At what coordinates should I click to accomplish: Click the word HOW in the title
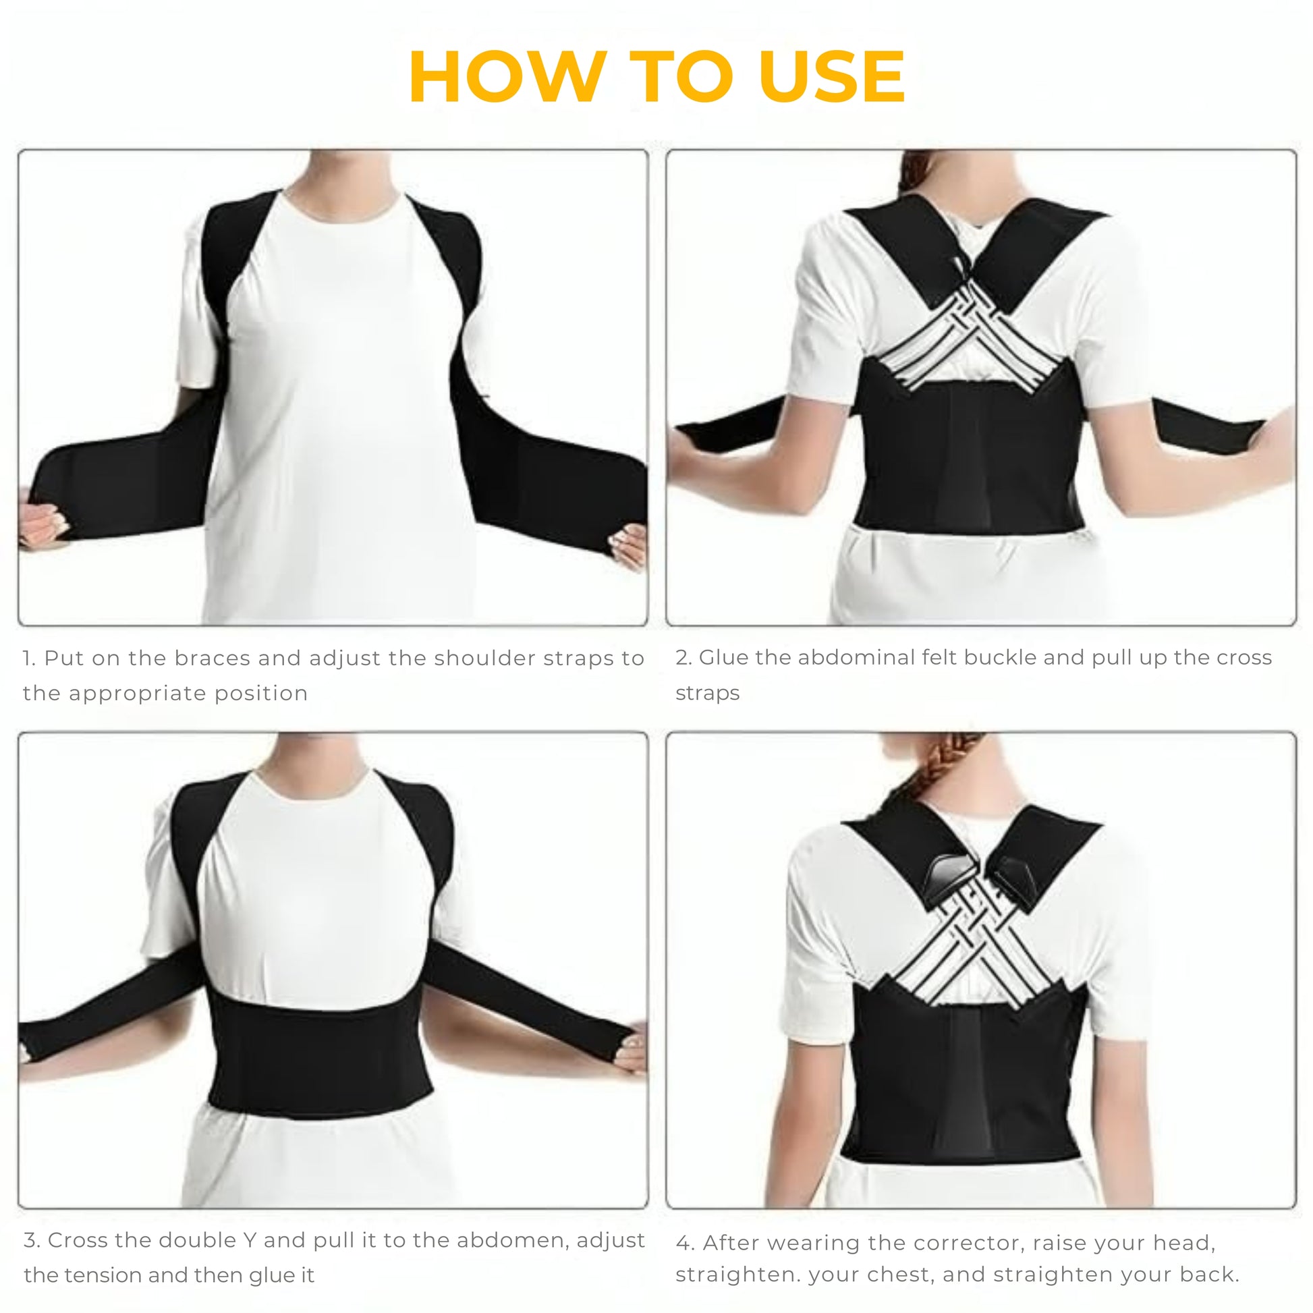point(507,77)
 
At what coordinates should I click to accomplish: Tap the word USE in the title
point(832,77)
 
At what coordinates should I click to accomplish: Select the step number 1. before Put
point(30,658)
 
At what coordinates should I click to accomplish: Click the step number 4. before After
point(685,1242)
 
